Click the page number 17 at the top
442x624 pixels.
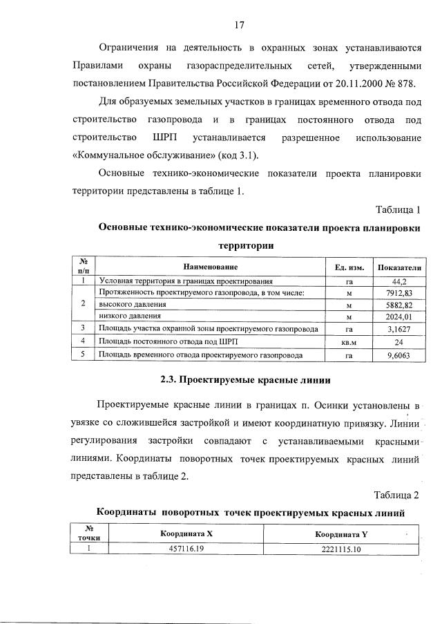(x=240, y=26)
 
